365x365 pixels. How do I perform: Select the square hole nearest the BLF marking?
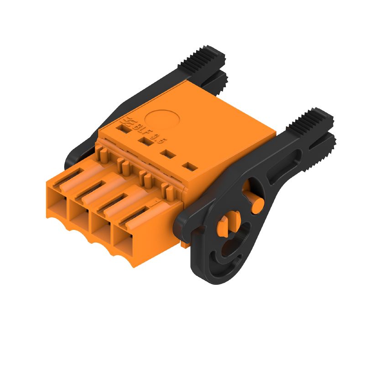click(122, 130)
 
